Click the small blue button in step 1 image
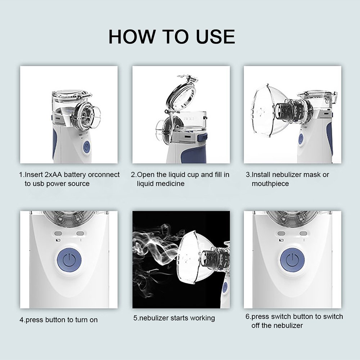click(x=86, y=147)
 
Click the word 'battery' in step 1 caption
click(x=76, y=175)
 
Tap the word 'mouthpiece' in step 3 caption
click(x=270, y=184)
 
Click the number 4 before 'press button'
click(x=21, y=320)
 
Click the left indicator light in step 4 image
click(x=59, y=233)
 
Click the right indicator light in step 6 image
click(x=303, y=233)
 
